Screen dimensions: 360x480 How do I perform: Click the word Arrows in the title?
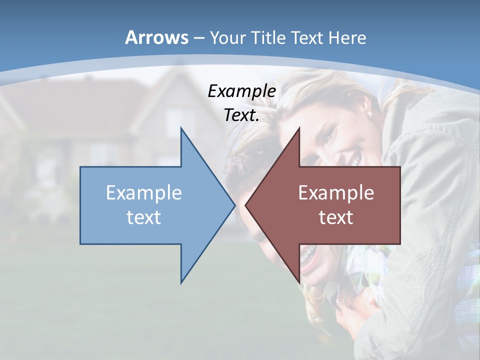click(157, 37)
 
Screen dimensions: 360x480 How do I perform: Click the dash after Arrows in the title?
click(198, 38)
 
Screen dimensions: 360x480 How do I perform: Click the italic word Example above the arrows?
click(241, 91)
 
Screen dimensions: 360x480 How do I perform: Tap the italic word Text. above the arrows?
click(241, 115)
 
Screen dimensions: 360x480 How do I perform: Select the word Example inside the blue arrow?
click(144, 193)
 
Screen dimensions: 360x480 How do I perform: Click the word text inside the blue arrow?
click(144, 217)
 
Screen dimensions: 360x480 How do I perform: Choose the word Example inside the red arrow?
click(336, 193)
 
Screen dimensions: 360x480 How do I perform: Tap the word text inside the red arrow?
click(336, 217)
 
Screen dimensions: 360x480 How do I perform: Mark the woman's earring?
click(370, 116)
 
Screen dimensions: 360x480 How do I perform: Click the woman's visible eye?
click(330, 131)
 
